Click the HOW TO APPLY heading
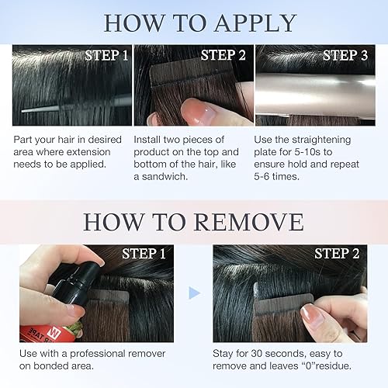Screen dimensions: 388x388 200,22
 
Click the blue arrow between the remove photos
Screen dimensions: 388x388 195,293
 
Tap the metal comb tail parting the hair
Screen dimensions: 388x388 54,109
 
